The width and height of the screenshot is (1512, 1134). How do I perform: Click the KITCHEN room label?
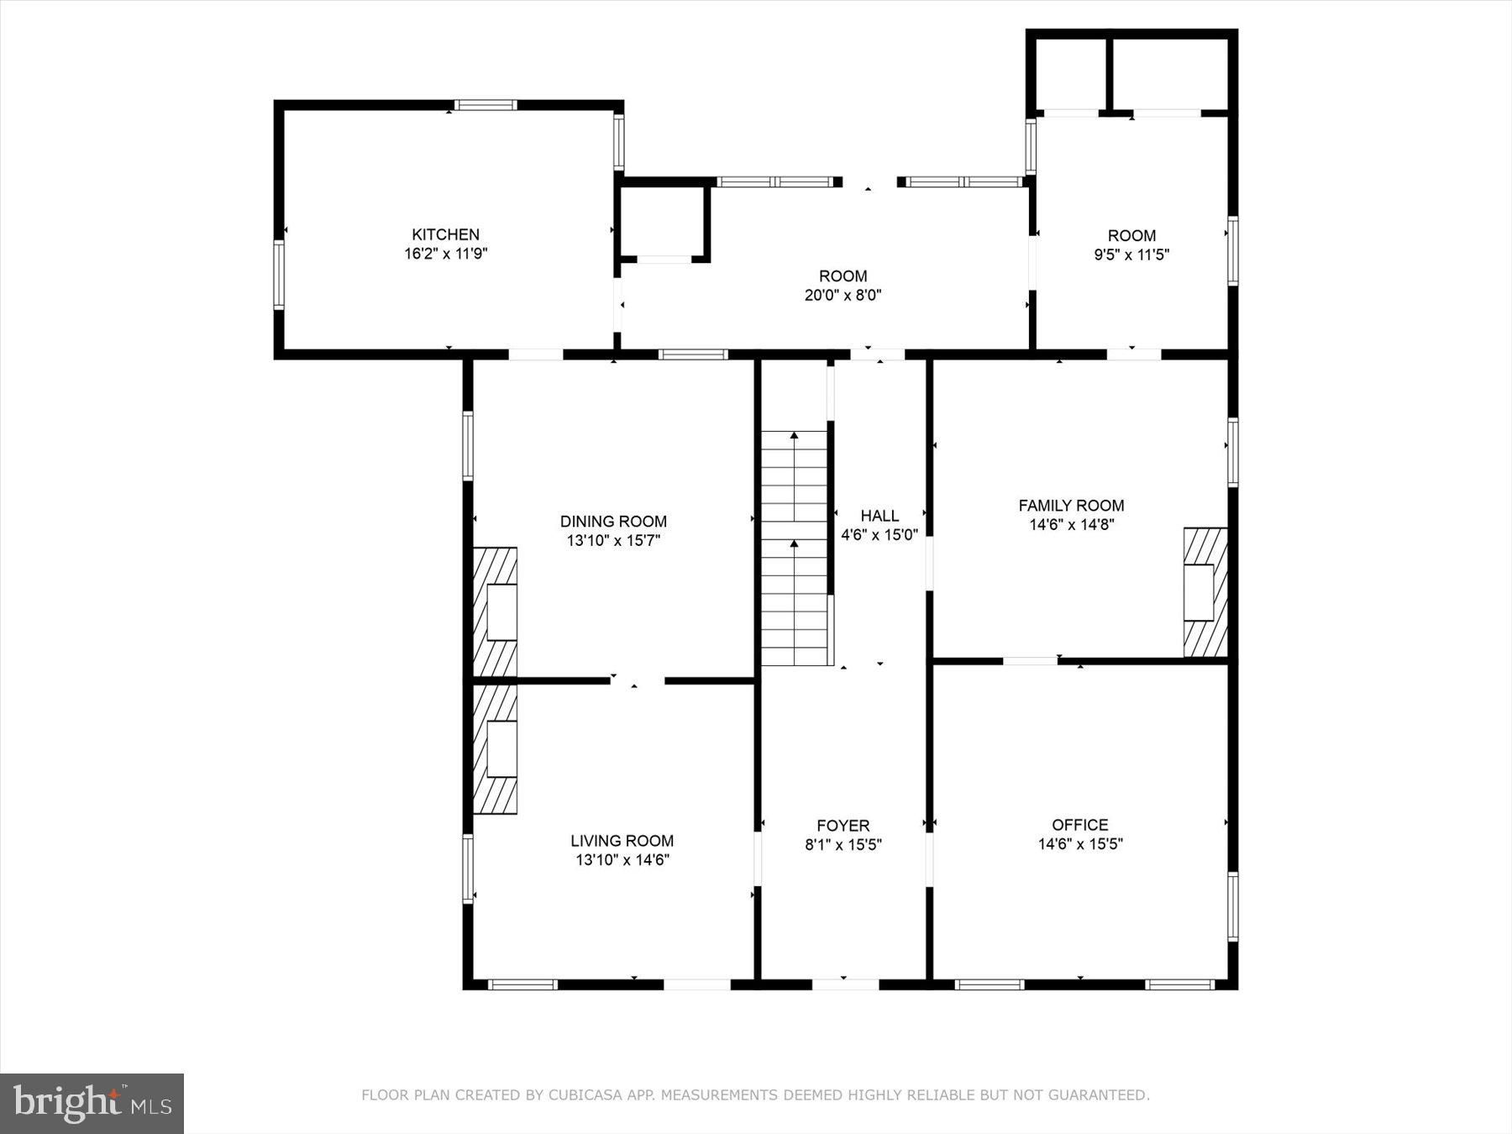tap(445, 234)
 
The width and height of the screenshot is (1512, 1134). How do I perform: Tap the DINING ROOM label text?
tap(613, 522)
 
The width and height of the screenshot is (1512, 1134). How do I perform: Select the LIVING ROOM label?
tap(622, 841)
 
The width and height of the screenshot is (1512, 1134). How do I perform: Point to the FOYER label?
tap(843, 826)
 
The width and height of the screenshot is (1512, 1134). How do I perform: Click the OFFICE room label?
tap(1079, 825)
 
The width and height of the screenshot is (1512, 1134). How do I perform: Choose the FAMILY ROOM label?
tap(1071, 506)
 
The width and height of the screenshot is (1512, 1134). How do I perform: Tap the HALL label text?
tap(879, 516)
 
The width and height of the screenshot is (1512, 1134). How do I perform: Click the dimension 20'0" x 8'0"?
tap(843, 295)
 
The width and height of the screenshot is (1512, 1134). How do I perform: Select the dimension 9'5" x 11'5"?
tap(1131, 255)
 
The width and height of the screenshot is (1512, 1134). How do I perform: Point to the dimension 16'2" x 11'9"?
tap(445, 254)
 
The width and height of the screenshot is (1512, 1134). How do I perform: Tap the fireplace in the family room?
tap(1205, 592)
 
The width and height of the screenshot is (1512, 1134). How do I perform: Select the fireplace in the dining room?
tap(496, 612)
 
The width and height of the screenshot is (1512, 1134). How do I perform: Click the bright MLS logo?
tap(92, 1103)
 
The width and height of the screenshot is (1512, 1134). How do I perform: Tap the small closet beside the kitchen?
tap(663, 223)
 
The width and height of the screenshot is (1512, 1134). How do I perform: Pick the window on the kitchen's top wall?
tap(486, 106)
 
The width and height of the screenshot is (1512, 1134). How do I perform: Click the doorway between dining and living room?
tap(637, 680)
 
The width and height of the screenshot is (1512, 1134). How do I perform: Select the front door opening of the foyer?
tap(844, 984)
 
